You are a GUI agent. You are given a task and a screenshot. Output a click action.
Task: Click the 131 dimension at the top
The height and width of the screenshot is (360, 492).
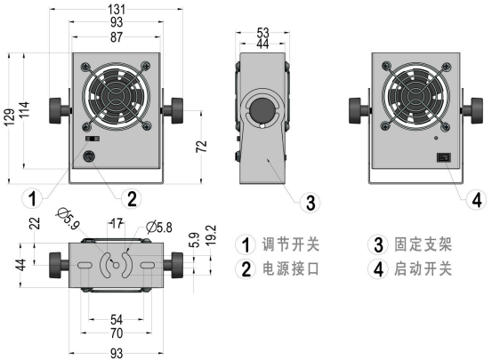point(117,8)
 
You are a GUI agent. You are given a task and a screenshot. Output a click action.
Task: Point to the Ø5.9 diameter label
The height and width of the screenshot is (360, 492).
point(68,213)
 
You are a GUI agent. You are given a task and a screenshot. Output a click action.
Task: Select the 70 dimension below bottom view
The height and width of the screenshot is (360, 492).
point(117,333)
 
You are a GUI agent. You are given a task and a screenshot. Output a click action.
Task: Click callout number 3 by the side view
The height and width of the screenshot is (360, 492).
point(309,204)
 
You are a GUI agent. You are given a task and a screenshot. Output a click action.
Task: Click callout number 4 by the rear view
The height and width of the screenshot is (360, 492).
point(476,197)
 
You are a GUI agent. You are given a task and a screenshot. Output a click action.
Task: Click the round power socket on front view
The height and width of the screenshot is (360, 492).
point(89,158)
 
